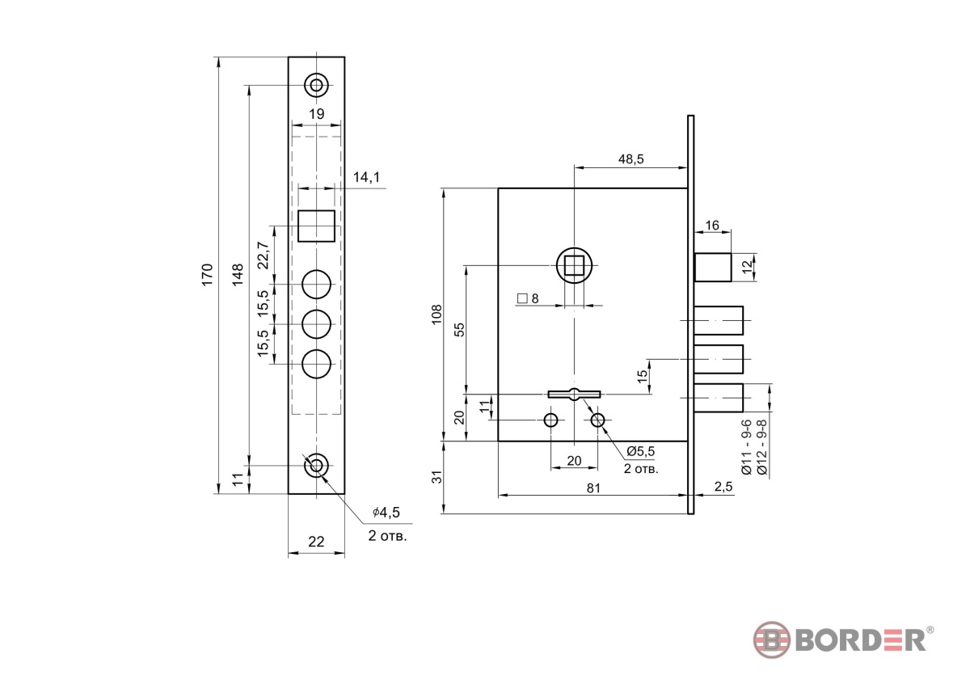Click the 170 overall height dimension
pyautogui.click(x=207, y=274)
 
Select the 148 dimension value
pyautogui.click(x=238, y=274)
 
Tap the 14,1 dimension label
pyautogui.click(x=366, y=177)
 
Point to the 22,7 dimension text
pyautogui.click(x=264, y=255)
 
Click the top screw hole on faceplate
pyautogui.click(x=317, y=85)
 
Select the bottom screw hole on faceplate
pyautogui.click(x=317, y=466)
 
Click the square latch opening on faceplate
pyautogui.click(x=317, y=226)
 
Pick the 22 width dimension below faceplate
pyautogui.click(x=316, y=542)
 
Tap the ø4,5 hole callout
pyautogui.click(x=386, y=513)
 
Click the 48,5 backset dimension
pyautogui.click(x=631, y=159)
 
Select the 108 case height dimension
pyautogui.click(x=436, y=314)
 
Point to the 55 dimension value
pyautogui.click(x=460, y=329)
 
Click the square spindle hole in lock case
pyautogui.click(x=574, y=265)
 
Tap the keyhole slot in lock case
pyautogui.click(x=574, y=394)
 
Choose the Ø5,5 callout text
pyautogui.click(x=641, y=451)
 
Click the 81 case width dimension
pyautogui.click(x=593, y=488)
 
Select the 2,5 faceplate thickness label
pyautogui.click(x=723, y=487)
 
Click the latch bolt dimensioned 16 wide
pyautogui.click(x=713, y=268)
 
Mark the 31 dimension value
pyautogui.click(x=438, y=477)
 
